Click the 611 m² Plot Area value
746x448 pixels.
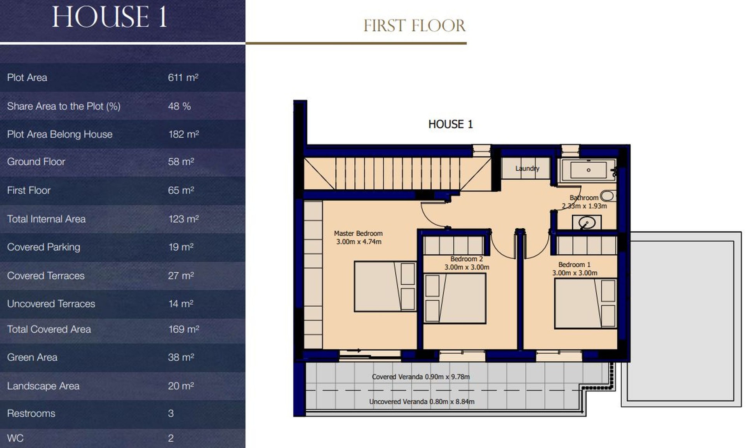click(183, 77)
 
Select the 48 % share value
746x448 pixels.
click(179, 106)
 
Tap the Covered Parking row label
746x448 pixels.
click(44, 247)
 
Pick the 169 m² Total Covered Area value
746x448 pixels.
click(183, 329)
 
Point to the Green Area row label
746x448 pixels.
click(32, 357)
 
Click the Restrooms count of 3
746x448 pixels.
click(171, 413)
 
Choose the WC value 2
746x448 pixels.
click(171, 438)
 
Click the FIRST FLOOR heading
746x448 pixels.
click(414, 26)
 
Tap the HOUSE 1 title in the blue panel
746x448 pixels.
click(110, 17)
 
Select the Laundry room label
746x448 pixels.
click(527, 168)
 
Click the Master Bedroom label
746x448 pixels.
click(358, 233)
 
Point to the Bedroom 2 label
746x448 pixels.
click(467, 259)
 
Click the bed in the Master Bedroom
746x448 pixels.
click(385, 287)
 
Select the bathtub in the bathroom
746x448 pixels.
click(588, 170)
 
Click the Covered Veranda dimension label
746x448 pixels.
click(421, 377)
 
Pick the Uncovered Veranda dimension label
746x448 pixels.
click(422, 401)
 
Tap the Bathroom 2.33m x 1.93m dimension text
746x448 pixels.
click(584, 206)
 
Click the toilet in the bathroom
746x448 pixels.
click(607, 196)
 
